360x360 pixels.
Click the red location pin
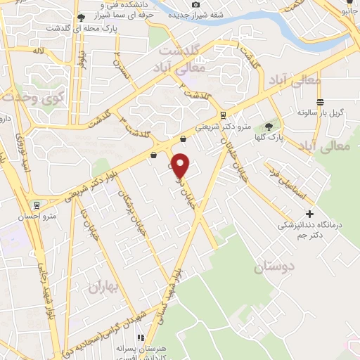pos(181,165)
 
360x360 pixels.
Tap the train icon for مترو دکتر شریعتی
pos(223,115)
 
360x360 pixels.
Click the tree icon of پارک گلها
pos(268,127)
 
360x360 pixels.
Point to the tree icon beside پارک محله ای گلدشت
pos(82,17)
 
